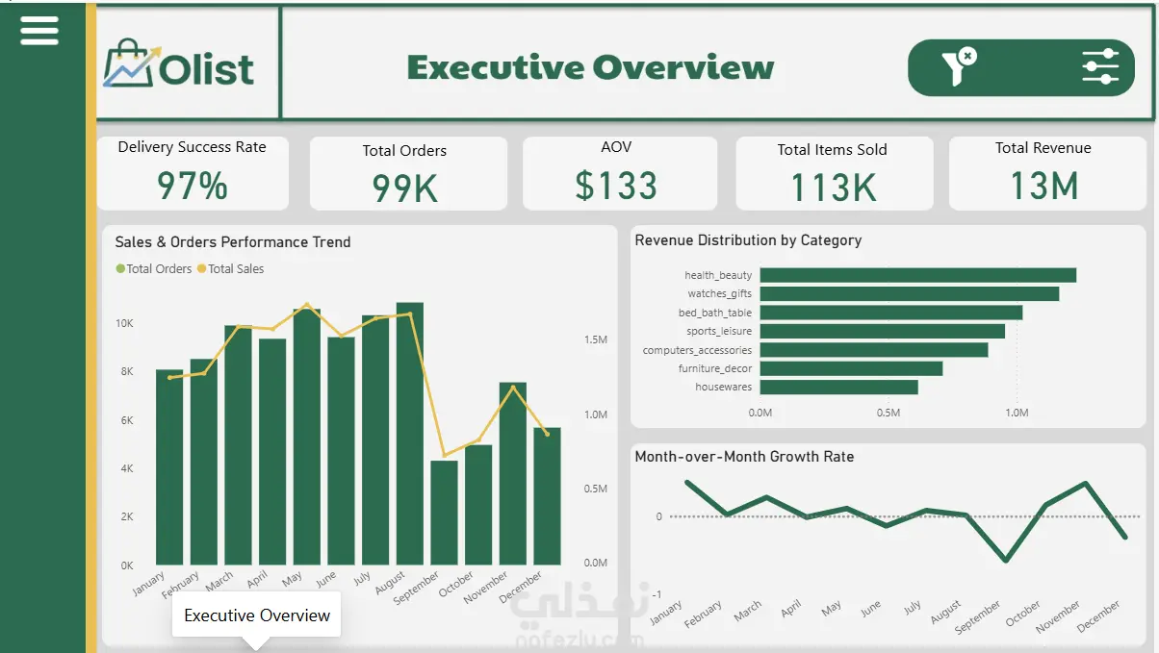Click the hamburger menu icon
pos(39,31)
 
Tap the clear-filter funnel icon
pos(959,66)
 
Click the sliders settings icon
pos(1100,66)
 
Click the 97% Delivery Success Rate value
pos(193,186)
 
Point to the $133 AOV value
pos(616,186)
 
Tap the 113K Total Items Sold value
pos(834,188)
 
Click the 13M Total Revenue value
pos(1044,186)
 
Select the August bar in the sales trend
pos(410,434)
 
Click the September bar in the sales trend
pos(444,513)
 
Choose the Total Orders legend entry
pos(154,269)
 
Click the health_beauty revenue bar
pos(918,275)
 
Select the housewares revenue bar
pos(838,387)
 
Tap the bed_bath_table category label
pos(715,313)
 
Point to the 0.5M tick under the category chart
pos(889,413)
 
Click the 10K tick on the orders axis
pos(124,323)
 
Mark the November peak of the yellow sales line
pos(513,387)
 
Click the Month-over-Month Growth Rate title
pos(744,457)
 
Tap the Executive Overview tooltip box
pos(257,615)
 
